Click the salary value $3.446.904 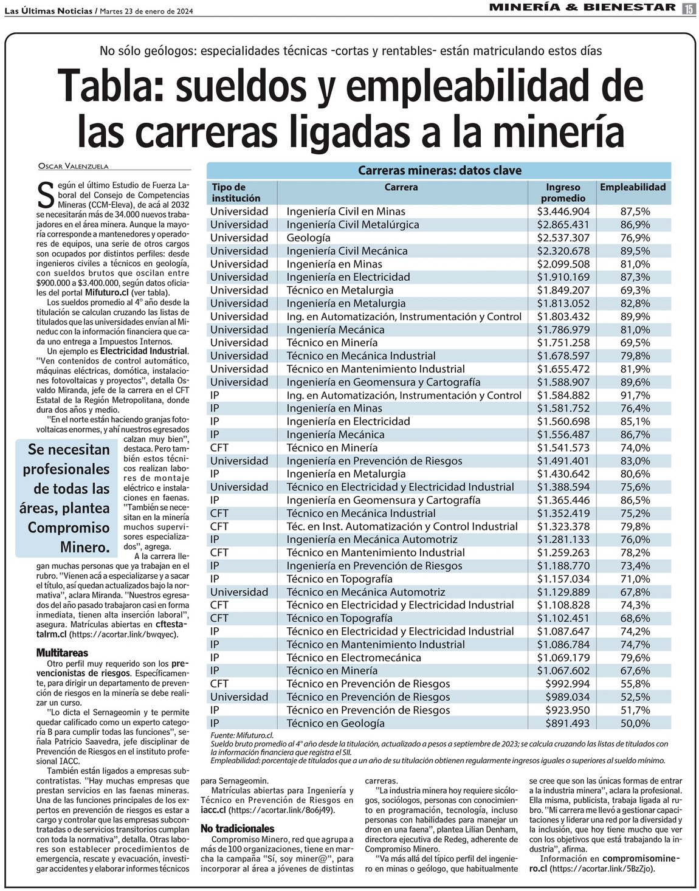563,212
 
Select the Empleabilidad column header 632,187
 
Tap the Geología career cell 308,238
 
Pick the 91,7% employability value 635,395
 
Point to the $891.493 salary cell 563,723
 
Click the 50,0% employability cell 635,723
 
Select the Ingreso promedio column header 563,193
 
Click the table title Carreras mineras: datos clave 439,171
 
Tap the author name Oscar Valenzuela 74,166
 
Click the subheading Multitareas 62,653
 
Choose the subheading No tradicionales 238,828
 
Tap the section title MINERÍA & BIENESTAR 582,8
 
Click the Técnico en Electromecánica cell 353,658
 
